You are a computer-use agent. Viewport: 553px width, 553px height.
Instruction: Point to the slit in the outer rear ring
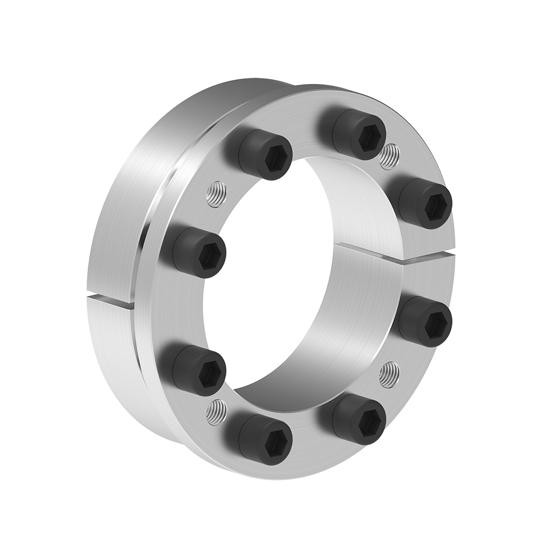click(x=111, y=299)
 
